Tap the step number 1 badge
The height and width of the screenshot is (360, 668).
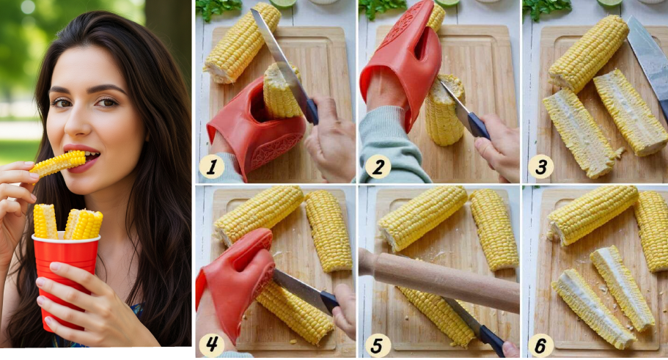click(211, 166)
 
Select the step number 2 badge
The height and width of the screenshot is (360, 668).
click(378, 166)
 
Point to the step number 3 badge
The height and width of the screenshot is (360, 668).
click(540, 166)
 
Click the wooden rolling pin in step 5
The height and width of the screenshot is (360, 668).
click(438, 279)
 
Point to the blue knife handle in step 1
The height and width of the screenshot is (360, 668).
click(312, 111)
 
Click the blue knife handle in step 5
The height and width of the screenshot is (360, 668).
click(492, 339)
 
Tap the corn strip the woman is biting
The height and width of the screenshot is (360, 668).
click(58, 164)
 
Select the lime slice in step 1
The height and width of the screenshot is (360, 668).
click(282, 2)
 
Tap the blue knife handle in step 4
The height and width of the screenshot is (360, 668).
click(329, 301)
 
